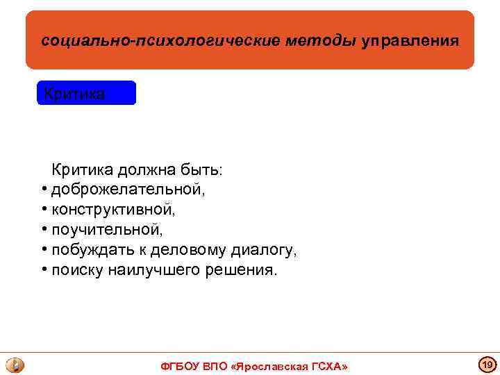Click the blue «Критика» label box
(x=86, y=93)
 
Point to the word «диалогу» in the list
(x=267, y=250)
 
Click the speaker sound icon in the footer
(x=15, y=365)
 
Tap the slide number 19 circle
(x=487, y=365)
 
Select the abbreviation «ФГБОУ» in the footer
(x=180, y=366)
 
